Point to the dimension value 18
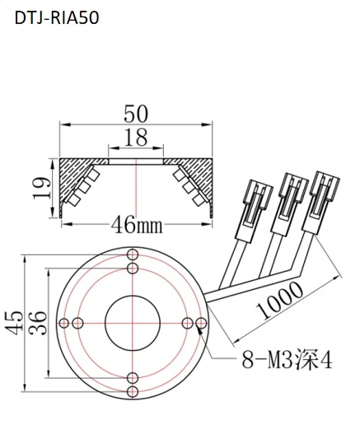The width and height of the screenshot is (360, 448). click(x=136, y=138)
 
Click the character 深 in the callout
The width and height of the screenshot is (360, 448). click(x=303, y=361)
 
